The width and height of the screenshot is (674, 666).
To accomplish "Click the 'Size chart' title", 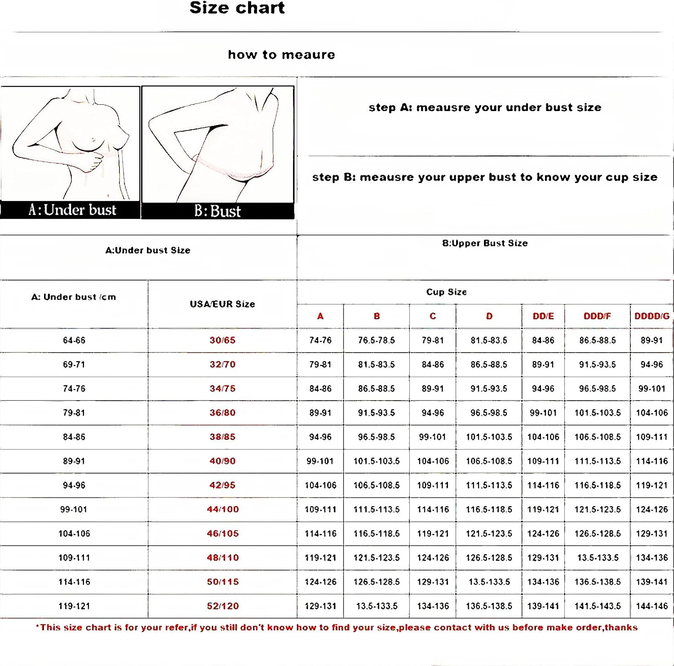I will (x=237, y=8).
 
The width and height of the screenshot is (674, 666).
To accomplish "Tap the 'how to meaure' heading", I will (x=281, y=55).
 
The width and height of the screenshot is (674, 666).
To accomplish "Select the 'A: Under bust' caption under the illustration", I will (x=72, y=210).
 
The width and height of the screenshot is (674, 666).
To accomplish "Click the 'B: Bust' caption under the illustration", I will (x=217, y=211).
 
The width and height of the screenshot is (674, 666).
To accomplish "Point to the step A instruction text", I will (x=485, y=107).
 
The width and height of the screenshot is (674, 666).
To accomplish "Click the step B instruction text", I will (x=485, y=177).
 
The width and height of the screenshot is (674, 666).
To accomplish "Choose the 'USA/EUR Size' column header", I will (x=222, y=304).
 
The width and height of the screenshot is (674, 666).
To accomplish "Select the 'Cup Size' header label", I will (x=446, y=292).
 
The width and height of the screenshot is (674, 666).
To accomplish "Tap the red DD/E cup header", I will (x=543, y=316).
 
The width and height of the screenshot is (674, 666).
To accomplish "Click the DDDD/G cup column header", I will (x=652, y=316).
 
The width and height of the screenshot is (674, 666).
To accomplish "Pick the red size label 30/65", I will (x=222, y=340).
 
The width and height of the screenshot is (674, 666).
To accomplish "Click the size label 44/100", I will (x=222, y=510).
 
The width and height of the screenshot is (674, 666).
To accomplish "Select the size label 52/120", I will (x=222, y=606).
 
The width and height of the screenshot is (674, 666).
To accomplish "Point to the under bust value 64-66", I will (x=74, y=340).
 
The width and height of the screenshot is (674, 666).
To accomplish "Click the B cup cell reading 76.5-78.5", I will (x=377, y=340).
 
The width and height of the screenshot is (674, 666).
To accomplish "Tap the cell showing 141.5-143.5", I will (x=598, y=606).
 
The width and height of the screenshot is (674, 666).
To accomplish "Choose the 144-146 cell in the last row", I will (x=652, y=606).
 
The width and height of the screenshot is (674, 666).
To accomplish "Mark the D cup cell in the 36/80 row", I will (x=489, y=413).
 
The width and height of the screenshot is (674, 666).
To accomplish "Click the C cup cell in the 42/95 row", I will (x=433, y=485).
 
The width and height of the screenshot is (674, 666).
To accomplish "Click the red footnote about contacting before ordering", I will (x=337, y=627).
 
